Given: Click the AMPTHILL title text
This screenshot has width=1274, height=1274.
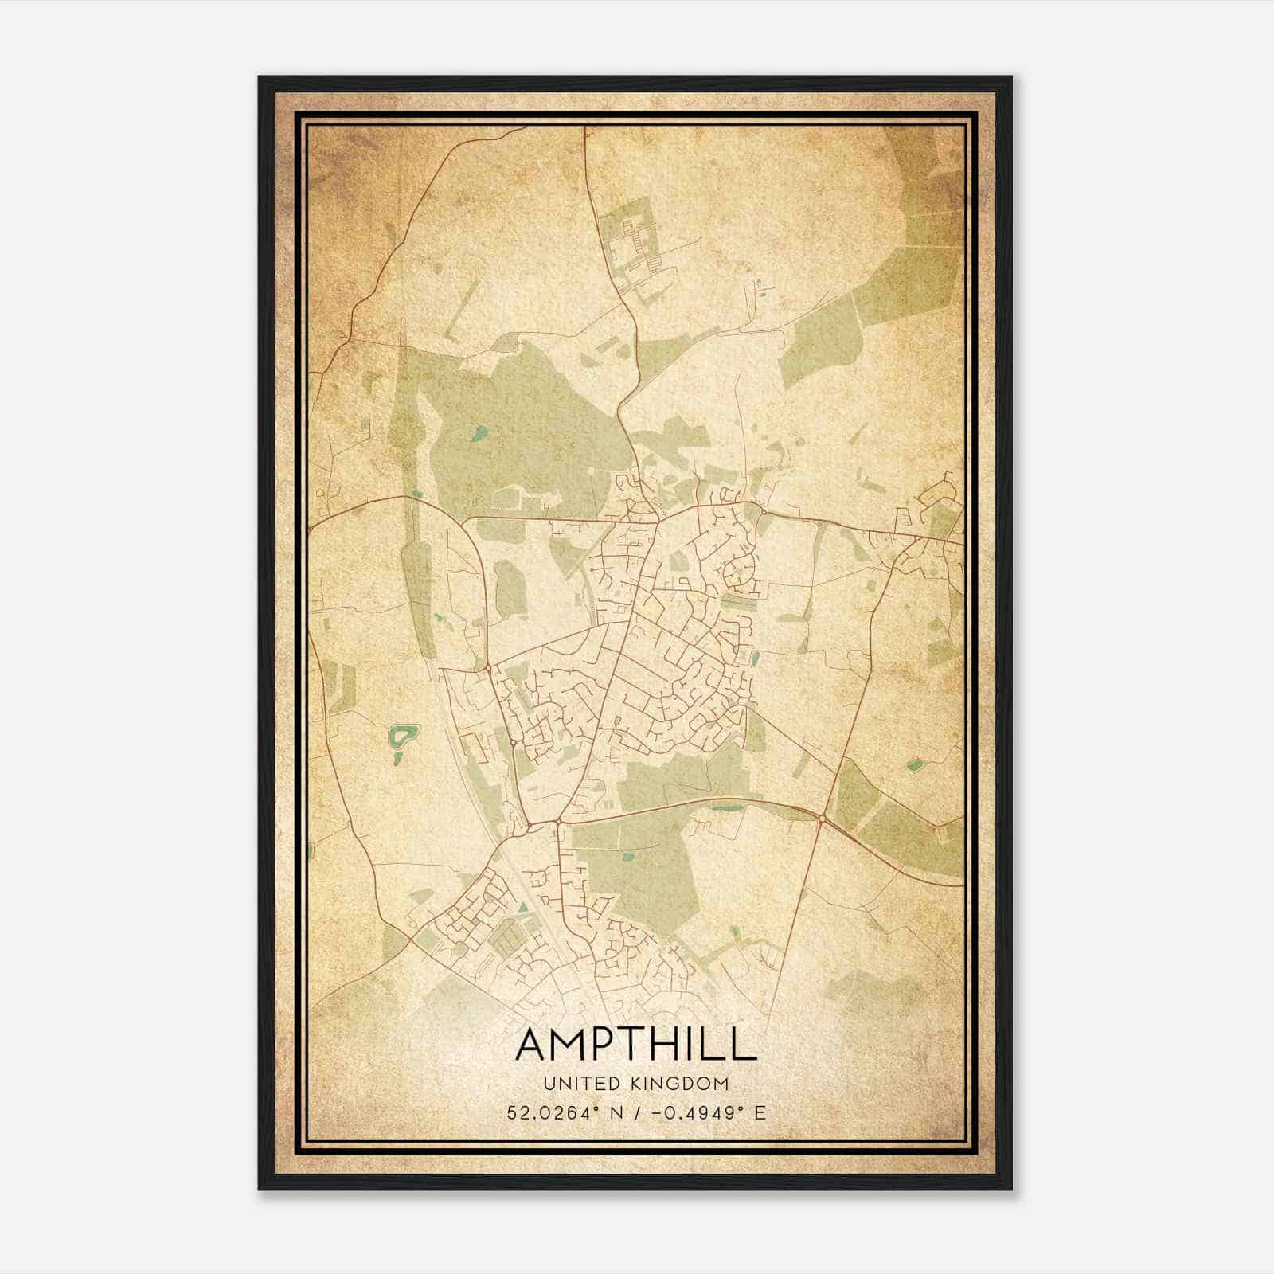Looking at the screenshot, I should click(635, 1045).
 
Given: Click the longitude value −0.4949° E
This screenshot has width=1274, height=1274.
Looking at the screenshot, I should click(709, 1113).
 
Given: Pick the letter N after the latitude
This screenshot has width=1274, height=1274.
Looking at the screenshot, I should click(616, 1113).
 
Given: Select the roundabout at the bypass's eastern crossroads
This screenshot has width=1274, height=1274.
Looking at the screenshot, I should click(821, 818).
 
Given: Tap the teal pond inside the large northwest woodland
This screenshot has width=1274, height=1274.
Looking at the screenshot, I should click(479, 434).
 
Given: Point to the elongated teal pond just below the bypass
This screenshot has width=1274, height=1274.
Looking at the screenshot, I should click(725, 809).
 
